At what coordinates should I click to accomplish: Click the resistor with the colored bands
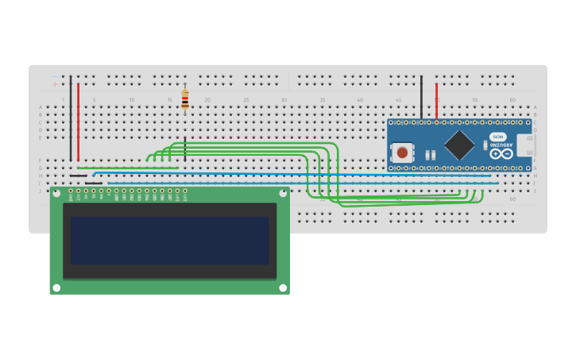[x=185, y=99]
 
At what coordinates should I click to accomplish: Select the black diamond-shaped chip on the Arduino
[x=459, y=144]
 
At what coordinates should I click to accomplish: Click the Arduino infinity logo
[x=501, y=153]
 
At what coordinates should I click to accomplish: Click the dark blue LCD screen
[x=170, y=241]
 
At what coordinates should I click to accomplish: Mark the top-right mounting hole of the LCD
[x=282, y=193]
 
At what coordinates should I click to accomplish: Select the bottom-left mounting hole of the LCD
[x=56, y=288]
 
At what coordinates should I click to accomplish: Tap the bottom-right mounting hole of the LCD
[x=282, y=288]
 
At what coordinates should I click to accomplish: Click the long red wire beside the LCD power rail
[x=78, y=119]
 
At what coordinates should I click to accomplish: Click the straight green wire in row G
[x=127, y=168]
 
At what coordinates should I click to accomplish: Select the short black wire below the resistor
[x=185, y=149]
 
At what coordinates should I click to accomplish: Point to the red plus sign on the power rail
[x=55, y=84]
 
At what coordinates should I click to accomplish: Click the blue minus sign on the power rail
[x=55, y=76]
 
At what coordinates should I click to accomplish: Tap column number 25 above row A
[x=246, y=100]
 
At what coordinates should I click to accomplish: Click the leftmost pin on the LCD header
[x=71, y=191]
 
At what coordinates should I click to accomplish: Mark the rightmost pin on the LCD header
[x=185, y=191]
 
